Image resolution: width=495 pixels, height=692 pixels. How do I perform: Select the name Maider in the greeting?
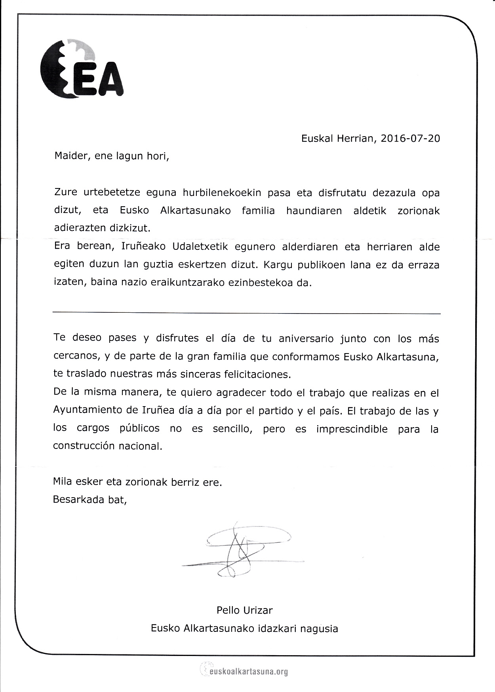point(70,156)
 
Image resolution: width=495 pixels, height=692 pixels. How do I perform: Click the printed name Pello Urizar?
point(244,610)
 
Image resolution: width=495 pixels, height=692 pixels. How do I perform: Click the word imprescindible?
point(352,429)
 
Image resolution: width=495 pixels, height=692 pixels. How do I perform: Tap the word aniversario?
point(307,339)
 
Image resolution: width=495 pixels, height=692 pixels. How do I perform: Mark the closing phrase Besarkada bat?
point(89,500)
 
